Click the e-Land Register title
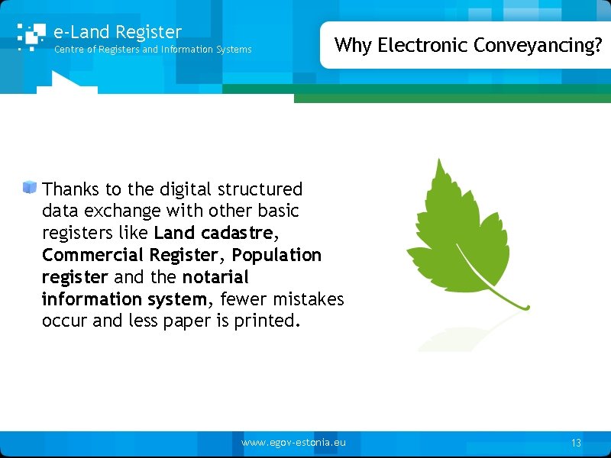118,32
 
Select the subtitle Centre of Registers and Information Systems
152,50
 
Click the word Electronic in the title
423,45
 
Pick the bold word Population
276,254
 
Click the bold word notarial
215,276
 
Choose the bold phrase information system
124,298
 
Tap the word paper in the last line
187,321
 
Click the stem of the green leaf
512,301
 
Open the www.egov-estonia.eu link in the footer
293,443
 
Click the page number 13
576,443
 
